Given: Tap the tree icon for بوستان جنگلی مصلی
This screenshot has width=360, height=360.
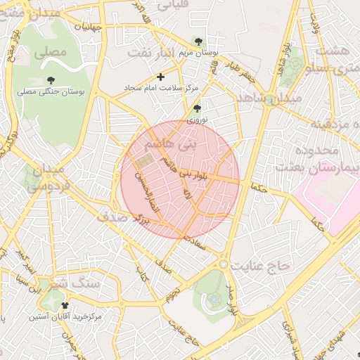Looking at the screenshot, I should (x=51, y=80).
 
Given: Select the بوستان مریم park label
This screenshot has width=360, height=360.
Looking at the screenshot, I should (x=217, y=53).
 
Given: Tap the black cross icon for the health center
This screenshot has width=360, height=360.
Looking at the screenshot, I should (x=160, y=76).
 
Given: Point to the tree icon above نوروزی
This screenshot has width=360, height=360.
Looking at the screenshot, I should (x=196, y=108).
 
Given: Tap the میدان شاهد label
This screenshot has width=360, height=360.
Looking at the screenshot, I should (x=269, y=98).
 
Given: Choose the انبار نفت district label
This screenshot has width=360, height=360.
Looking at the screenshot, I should (x=157, y=53).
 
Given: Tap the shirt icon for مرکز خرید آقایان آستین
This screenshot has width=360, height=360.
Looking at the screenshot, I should (x=65, y=306).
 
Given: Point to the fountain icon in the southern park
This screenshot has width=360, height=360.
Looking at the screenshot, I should (x=214, y=300).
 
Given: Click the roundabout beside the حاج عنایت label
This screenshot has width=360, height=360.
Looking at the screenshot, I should (x=224, y=264).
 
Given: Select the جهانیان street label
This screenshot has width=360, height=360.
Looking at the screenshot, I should (x=89, y=27).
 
